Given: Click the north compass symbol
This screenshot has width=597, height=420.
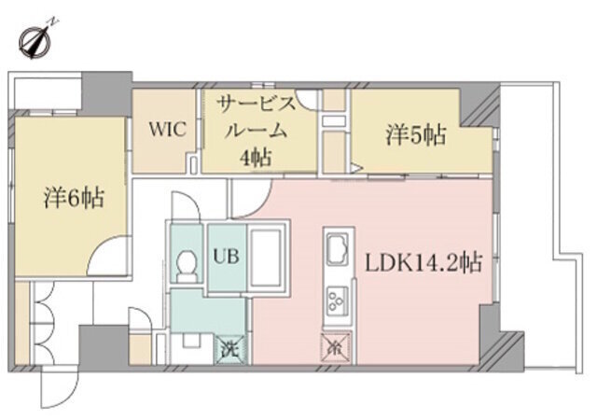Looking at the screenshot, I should pyautogui.click(x=36, y=40).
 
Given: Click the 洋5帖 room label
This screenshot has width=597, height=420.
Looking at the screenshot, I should pyautogui.click(x=415, y=136).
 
